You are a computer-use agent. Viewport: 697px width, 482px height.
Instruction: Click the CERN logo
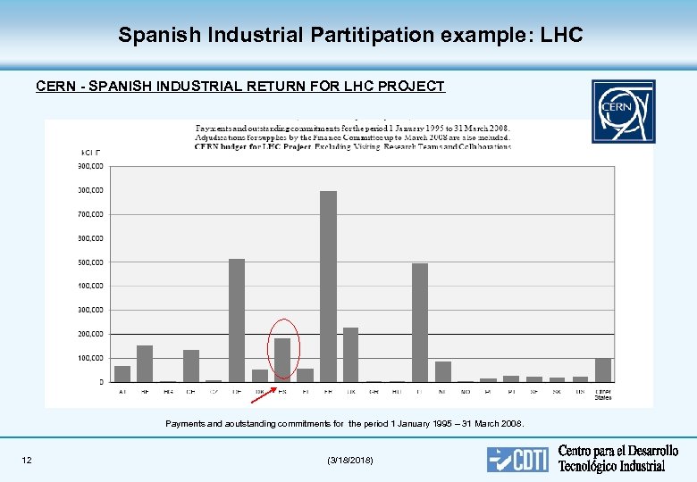click(x=623, y=111)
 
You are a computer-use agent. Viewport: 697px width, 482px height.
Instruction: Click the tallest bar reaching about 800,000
click(x=328, y=286)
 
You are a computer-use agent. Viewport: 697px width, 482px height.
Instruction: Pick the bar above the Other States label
click(x=603, y=370)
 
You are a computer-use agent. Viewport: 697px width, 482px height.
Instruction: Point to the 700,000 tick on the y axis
click(x=91, y=214)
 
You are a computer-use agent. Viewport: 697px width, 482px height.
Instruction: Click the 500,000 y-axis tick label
click(x=91, y=262)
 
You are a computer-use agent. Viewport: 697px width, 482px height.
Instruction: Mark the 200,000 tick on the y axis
click(x=91, y=334)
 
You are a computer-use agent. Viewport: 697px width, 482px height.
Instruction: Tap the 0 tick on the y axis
click(x=100, y=382)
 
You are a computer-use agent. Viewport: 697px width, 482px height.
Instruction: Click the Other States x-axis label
click(x=603, y=394)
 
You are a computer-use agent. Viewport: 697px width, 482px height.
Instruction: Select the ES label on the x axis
click(x=282, y=390)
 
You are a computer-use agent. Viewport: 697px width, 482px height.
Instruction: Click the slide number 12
click(x=27, y=460)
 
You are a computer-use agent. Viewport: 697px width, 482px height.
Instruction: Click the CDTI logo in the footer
click(x=517, y=459)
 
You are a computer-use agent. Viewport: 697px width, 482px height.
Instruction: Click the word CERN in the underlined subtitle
click(x=55, y=87)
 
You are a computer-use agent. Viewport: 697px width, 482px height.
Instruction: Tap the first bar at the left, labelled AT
click(x=122, y=373)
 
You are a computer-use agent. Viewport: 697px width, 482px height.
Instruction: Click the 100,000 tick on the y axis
click(x=91, y=358)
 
